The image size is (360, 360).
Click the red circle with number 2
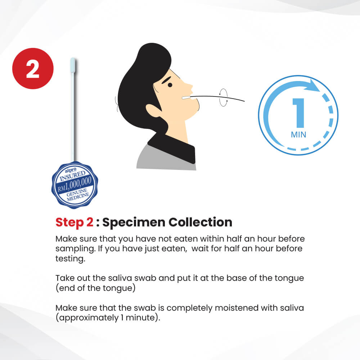33,68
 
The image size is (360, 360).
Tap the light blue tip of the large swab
73,65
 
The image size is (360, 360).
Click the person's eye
170,85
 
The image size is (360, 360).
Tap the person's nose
190,87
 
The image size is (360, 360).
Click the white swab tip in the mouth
186,98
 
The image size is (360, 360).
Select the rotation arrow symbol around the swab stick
224,98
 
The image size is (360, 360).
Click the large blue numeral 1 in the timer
299,113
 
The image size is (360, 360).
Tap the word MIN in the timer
298,135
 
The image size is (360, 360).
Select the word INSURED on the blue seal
73,176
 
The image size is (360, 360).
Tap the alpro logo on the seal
71,170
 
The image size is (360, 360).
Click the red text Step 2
75,222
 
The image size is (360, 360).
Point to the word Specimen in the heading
134,222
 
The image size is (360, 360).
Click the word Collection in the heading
201,222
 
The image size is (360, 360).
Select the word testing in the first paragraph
70,259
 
